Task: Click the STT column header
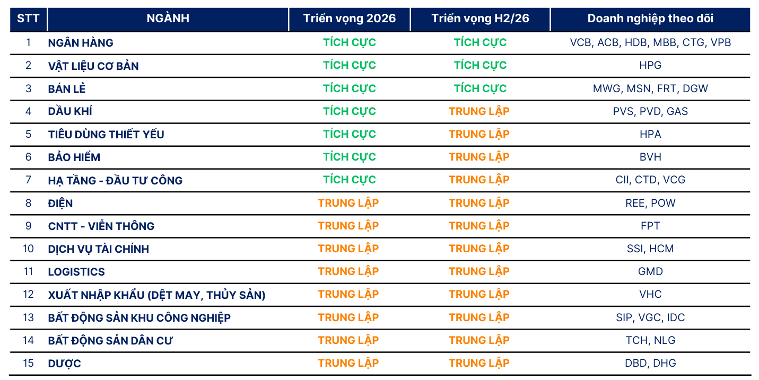pos(28,19)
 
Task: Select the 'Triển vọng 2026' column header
pos(350,19)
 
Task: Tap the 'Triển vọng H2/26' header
pos(480,19)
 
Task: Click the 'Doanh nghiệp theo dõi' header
pos(650,19)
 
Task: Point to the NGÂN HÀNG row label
pos(81,43)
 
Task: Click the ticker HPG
pos(650,65)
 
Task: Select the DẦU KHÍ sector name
pos(70,111)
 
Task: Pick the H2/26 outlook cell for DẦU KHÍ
pos(479,111)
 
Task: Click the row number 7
pos(29,180)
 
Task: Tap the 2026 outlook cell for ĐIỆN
pos(348,203)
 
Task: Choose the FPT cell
pos(650,226)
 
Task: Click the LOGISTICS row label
pos(76,272)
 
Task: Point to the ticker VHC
pos(650,294)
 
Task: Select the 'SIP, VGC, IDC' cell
pos(650,317)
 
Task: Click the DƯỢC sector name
pos(64,364)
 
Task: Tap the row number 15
pos(29,363)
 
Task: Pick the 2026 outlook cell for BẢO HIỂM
pos(350,157)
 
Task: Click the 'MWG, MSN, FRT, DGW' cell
pos(650,89)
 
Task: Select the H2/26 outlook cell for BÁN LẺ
pos(480,89)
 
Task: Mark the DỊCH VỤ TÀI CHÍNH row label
pos(99,249)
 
